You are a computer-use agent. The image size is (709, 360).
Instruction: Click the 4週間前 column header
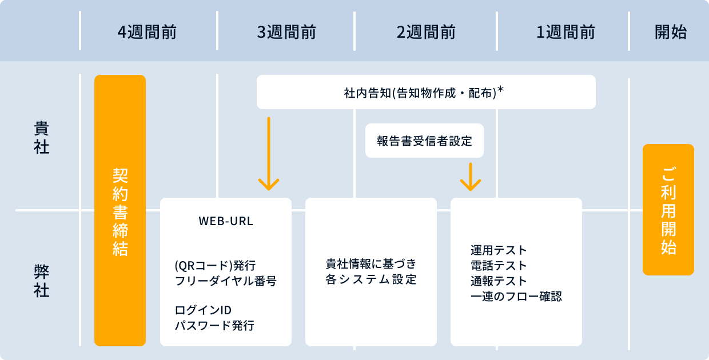147,32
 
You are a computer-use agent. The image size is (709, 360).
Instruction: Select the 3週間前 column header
286,32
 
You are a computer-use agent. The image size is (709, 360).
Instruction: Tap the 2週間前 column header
426,32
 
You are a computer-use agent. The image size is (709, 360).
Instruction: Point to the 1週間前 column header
565,32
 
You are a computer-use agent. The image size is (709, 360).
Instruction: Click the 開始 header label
671,32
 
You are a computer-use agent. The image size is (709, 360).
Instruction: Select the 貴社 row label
42,138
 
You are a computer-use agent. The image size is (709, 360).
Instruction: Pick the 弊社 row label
42,281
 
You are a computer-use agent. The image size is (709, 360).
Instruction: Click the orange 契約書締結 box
120,210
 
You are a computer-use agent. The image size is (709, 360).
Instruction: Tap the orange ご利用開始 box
668,209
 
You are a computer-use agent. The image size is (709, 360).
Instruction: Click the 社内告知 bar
426,92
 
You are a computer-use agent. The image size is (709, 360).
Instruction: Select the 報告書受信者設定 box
424,141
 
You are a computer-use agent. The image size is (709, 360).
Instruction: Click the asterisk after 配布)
500,89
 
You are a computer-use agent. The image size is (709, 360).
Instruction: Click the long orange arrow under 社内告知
269,154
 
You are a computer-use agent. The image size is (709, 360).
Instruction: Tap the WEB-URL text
226,221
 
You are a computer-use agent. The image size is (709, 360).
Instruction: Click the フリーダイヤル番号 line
226,281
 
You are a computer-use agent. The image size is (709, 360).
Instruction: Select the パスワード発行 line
214,326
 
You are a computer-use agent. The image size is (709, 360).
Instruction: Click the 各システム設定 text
371,279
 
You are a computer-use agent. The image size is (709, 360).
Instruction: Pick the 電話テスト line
499,266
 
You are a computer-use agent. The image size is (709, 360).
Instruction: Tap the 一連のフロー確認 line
516,297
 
